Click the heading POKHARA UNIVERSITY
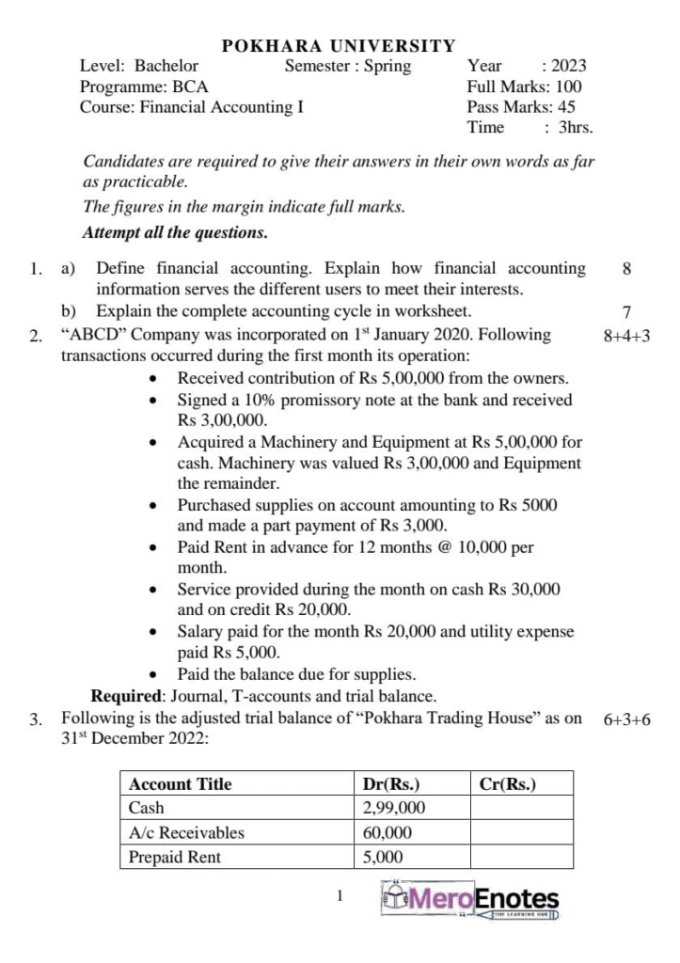click(x=339, y=45)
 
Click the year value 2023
click(x=569, y=66)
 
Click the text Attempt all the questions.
click(x=175, y=231)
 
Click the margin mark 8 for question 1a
click(x=627, y=269)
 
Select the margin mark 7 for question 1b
click(x=627, y=311)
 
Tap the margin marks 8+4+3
click(x=627, y=335)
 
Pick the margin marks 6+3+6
click(x=627, y=720)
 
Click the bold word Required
click(x=127, y=697)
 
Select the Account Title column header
click(x=180, y=784)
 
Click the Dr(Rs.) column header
click(x=391, y=784)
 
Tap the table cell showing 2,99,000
click(x=394, y=808)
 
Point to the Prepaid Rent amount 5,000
click(x=383, y=857)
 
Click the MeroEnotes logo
click(x=470, y=900)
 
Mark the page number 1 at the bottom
click(x=340, y=896)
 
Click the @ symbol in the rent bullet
click(x=435, y=547)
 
